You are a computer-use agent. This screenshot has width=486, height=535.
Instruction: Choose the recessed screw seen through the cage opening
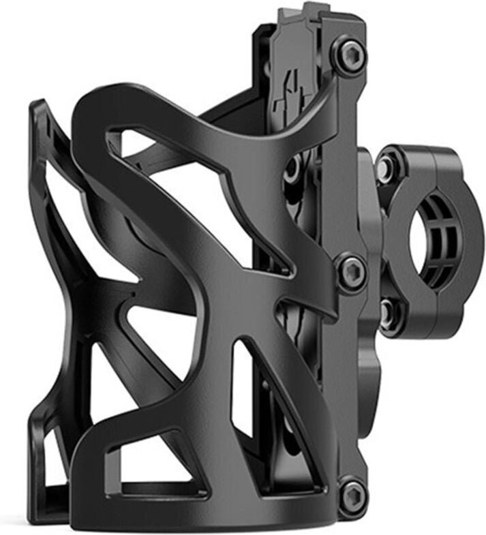(x=293, y=167)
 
